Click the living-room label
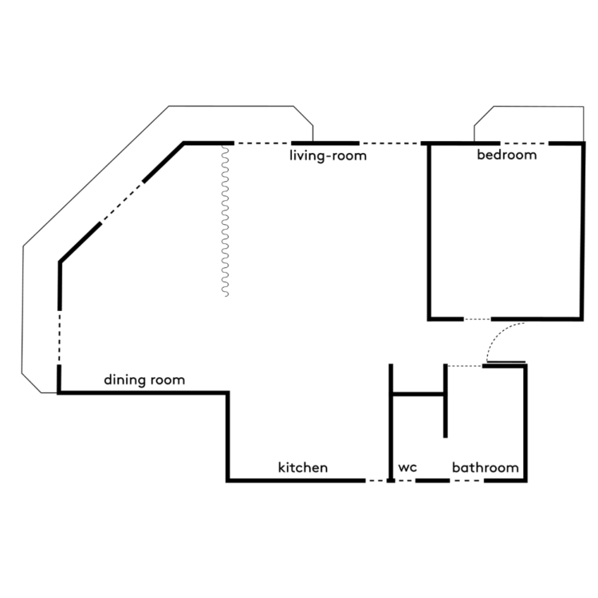tap(328, 155)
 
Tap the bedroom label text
tap(507, 155)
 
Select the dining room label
tap(144, 380)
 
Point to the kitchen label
tap(303, 467)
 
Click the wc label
tap(407, 467)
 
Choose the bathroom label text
tap(485, 467)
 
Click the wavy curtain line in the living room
tap(226, 221)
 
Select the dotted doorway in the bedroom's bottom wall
tap(477, 319)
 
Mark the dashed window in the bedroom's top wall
tap(525, 144)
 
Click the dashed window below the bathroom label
tap(466, 481)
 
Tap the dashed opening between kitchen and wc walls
tap(376, 481)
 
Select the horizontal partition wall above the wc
tap(418, 394)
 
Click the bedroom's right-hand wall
tap(582, 231)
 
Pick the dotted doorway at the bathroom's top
tap(465, 366)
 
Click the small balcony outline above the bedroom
tap(529, 106)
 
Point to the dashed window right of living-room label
tap(390, 144)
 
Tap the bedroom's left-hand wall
tap(429, 231)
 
